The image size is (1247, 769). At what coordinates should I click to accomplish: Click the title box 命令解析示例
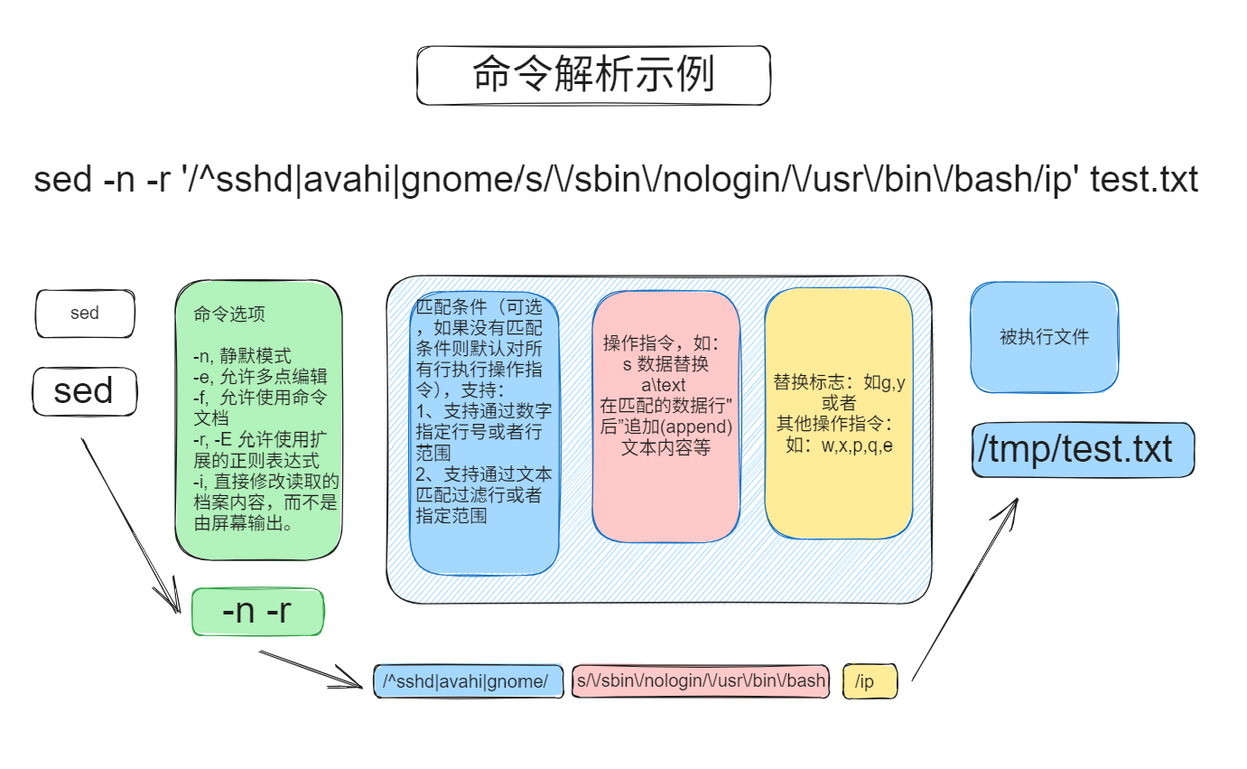coord(593,75)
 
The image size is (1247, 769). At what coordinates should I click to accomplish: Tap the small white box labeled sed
coord(85,314)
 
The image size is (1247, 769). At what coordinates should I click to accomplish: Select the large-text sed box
coord(84,391)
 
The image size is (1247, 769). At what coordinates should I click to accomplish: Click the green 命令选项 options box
coord(258,420)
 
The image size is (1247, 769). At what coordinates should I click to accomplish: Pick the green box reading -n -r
coord(257,612)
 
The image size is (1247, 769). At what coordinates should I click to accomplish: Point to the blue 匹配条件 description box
coord(484,434)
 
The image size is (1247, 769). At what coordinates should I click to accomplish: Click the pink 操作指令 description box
coord(665,416)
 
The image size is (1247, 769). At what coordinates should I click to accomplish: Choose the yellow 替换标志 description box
coord(838,413)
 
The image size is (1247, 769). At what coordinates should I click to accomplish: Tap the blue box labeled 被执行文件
coord(1044,337)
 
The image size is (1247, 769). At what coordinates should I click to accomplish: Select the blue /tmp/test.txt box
coord(1084,449)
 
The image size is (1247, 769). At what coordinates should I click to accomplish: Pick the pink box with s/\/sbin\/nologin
coord(701,680)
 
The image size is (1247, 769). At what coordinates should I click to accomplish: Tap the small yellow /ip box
coord(870,680)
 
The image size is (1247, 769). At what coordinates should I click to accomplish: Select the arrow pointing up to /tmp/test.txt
coord(964,587)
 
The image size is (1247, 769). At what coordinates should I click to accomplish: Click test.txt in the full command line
coord(1144,180)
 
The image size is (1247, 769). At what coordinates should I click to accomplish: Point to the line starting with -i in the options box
coord(265,482)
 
